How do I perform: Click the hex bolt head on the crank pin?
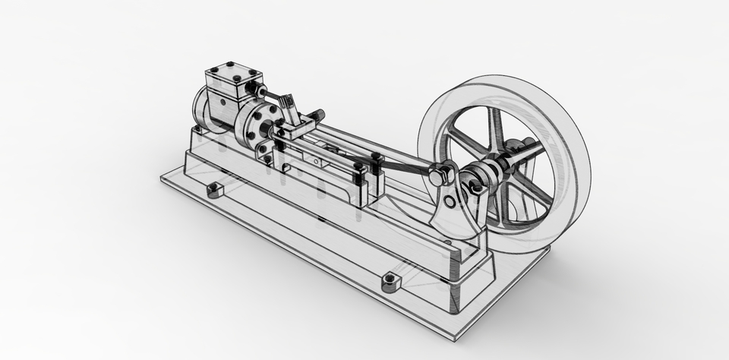439,176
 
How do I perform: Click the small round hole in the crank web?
450,201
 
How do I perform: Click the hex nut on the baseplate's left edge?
216,188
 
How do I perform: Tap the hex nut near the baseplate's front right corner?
390,283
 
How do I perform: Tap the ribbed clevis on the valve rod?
286,102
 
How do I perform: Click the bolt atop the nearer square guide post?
358,166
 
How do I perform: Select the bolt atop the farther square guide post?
376,158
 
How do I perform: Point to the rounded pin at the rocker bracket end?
317,115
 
